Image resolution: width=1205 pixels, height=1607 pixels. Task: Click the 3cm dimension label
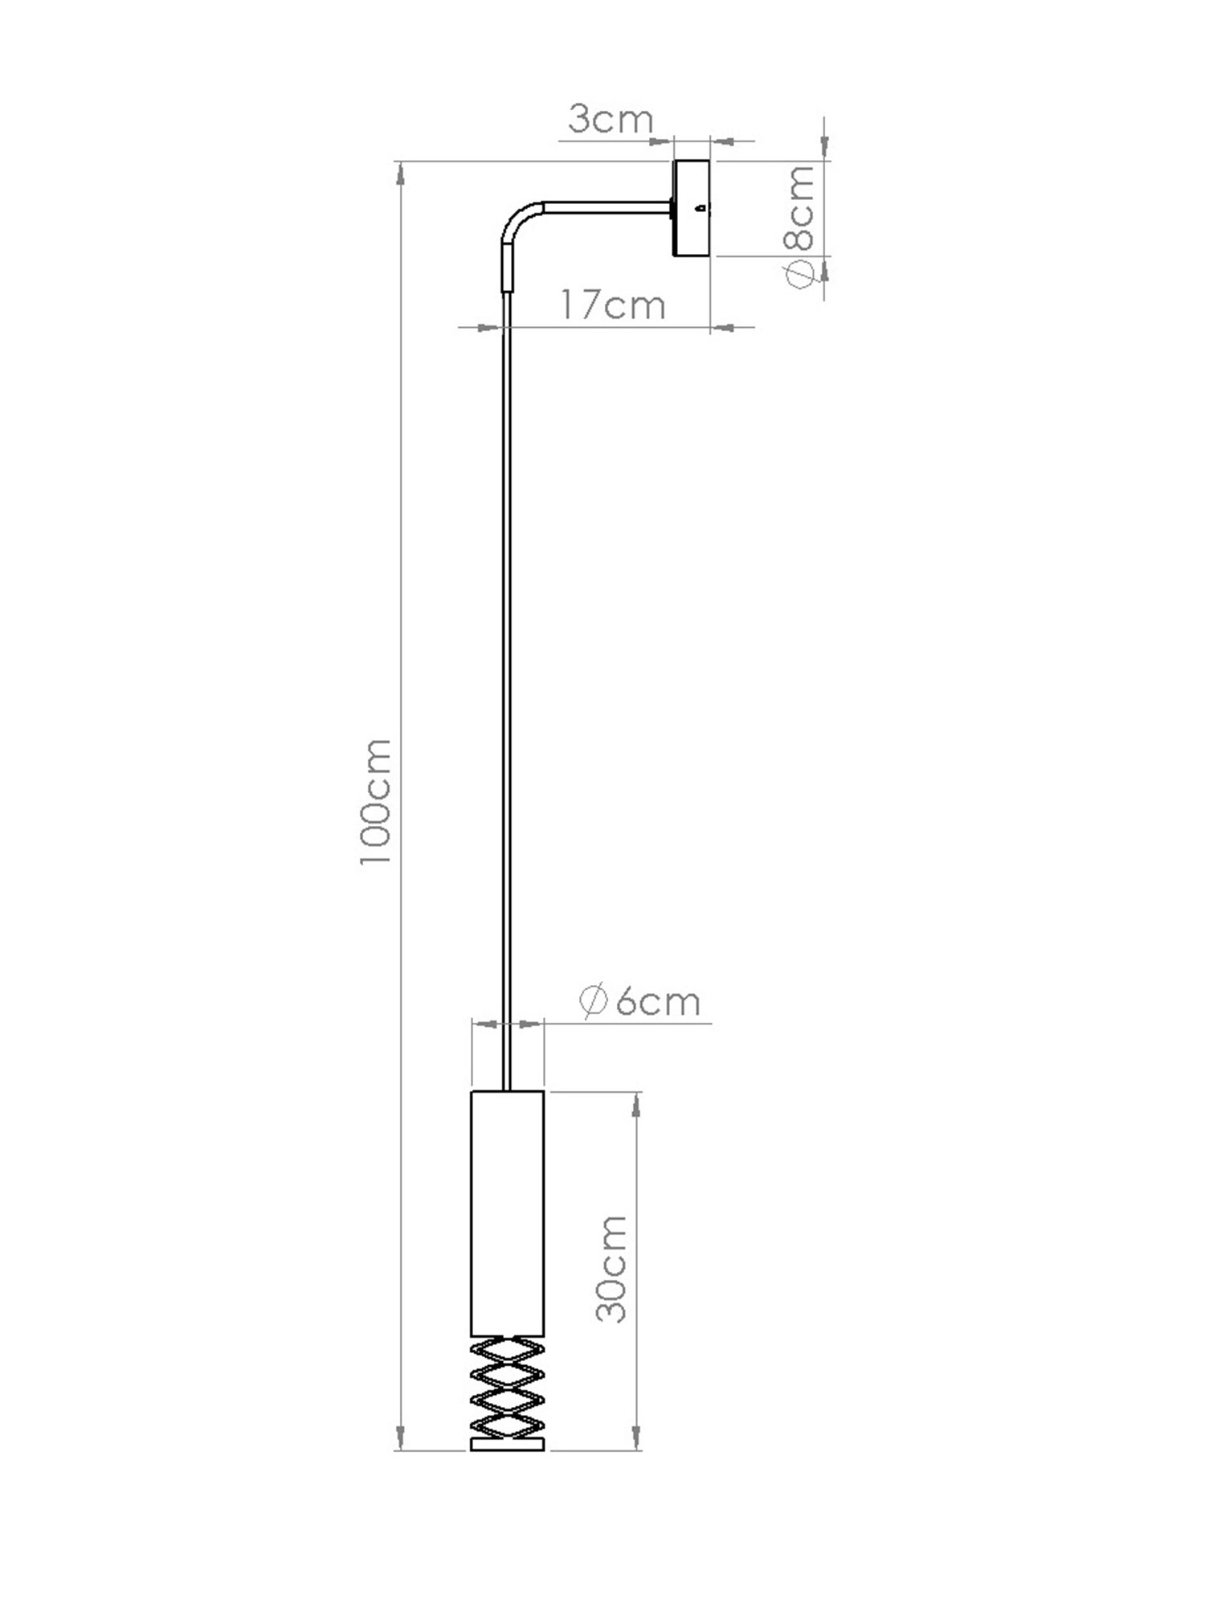coord(611,120)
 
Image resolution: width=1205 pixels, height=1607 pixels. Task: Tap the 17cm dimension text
coord(613,305)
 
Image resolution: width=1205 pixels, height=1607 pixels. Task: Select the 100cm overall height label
coord(375,802)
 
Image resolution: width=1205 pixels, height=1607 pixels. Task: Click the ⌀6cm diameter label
coord(639,1001)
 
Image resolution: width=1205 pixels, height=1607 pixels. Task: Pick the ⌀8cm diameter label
coord(799,227)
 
